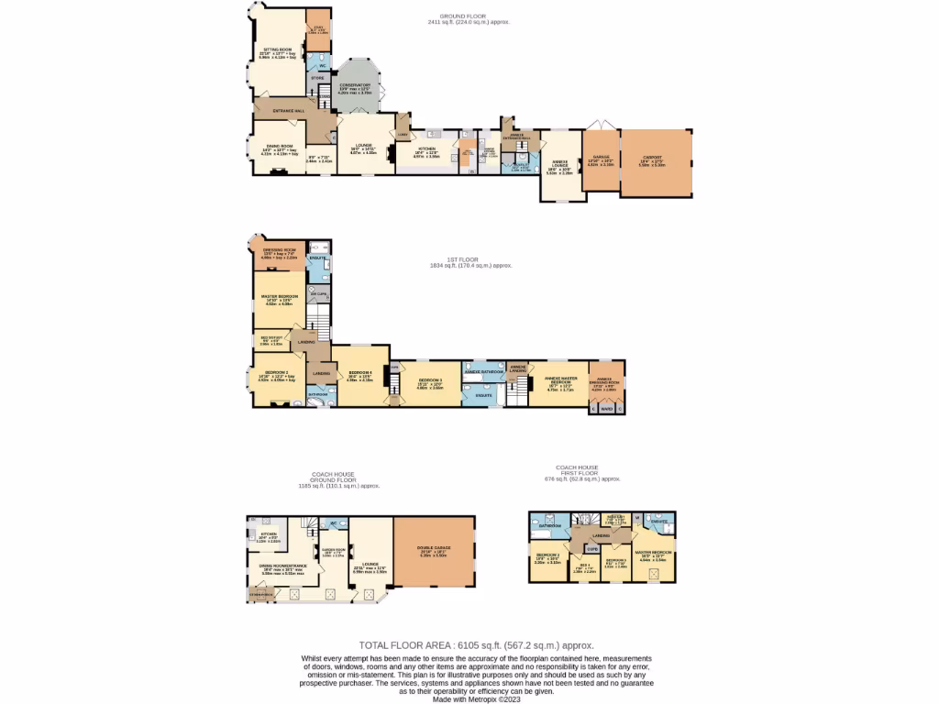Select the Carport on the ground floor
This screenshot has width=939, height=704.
(x=657, y=162)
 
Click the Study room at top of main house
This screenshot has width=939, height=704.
(x=317, y=29)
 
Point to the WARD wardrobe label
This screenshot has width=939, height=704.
(x=606, y=409)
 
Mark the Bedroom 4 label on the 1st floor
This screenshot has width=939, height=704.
(x=359, y=373)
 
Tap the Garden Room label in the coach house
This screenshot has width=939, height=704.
(x=333, y=552)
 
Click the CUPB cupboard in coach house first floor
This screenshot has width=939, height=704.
(x=592, y=548)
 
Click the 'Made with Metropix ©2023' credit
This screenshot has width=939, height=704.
(x=477, y=698)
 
